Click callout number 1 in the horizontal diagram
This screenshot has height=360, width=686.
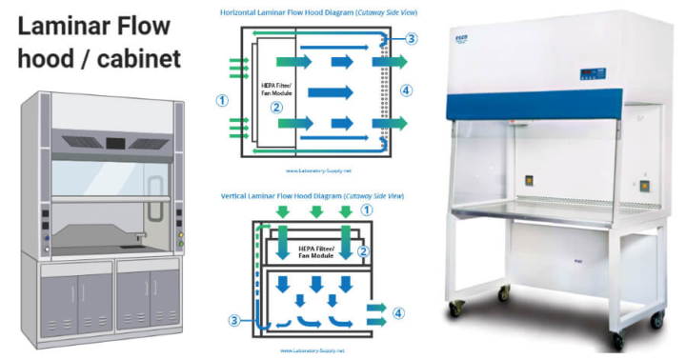[x=221, y=99]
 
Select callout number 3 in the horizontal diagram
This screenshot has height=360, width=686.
[x=411, y=39]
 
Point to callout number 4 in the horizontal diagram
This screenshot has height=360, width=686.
[x=407, y=90]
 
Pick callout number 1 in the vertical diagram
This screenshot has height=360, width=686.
[x=370, y=209]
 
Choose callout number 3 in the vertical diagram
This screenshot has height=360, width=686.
[x=233, y=320]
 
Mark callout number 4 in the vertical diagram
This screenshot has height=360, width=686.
[x=398, y=312]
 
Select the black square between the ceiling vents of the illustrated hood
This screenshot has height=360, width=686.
[x=114, y=145]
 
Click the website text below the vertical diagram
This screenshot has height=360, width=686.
[x=313, y=350]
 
